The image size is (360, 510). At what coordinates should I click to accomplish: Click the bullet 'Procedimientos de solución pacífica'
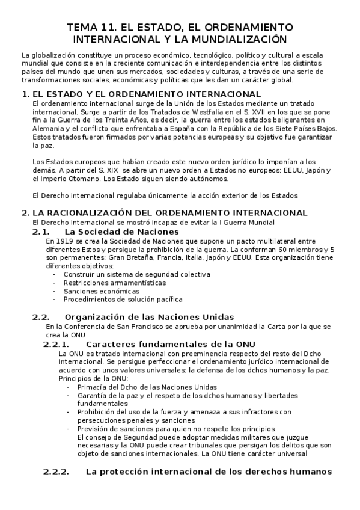pos(123,299)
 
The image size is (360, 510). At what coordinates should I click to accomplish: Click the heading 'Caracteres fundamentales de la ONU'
pos(163,344)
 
